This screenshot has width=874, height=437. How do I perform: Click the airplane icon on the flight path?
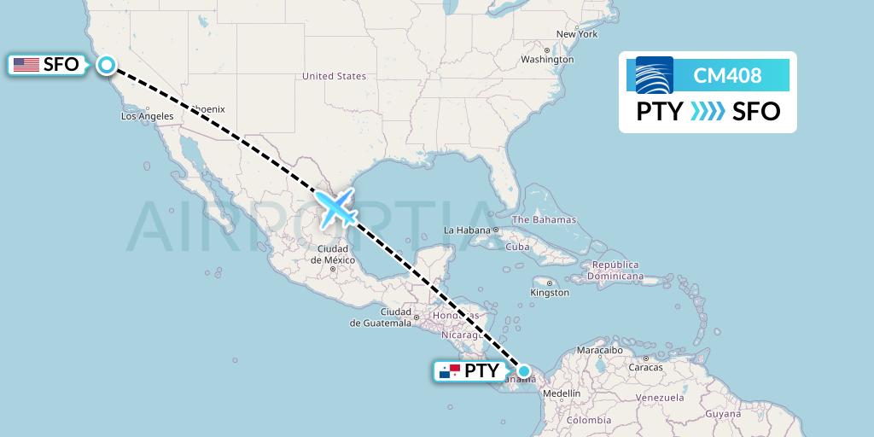(x=335, y=208)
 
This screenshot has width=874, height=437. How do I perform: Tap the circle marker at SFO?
(x=107, y=64)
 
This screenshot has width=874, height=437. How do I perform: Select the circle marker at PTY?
(x=525, y=371)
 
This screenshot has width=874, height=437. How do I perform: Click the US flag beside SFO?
(x=26, y=64)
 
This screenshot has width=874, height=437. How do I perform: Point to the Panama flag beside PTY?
(x=449, y=371)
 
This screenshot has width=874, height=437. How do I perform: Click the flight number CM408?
(x=727, y=76)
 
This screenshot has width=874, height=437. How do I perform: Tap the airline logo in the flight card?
(x=655, y=75)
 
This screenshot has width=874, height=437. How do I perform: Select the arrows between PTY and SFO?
(x=708, y=111)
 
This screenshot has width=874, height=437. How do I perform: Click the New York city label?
(x=577, y=34)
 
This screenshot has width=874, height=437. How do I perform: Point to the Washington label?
(x=547, y=60)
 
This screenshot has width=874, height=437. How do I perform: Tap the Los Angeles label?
(x=148, y=116)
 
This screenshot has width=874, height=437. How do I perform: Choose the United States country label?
(x=334, y=76)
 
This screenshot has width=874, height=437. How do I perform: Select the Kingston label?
(x=549, y=293)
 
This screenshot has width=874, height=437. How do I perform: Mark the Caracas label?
(x=645, y=367)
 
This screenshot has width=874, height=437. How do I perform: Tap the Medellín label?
(x=561, y=393)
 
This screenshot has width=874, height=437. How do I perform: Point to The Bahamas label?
(x=544, y=220)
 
